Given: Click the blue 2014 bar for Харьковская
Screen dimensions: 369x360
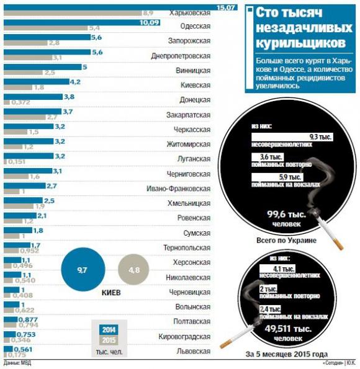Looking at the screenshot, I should pyautogui.click(x=118, y=6).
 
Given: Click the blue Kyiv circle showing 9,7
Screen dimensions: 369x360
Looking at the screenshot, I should pyautogui.click(x=82, y=269).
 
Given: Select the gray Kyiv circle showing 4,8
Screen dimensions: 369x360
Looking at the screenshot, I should pyautogui.click(x=133, y=269).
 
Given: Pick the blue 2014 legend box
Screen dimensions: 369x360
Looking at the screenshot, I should pyautogui.click(x=109, y=329).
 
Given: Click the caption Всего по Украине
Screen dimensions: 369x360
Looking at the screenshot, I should pyautogui.click(x=286, y=240).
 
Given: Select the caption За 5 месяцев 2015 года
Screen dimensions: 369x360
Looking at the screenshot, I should pyautogui.click(x=286, y=355).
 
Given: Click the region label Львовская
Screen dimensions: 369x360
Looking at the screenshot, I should pyautogui.click(x=194, y=351).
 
